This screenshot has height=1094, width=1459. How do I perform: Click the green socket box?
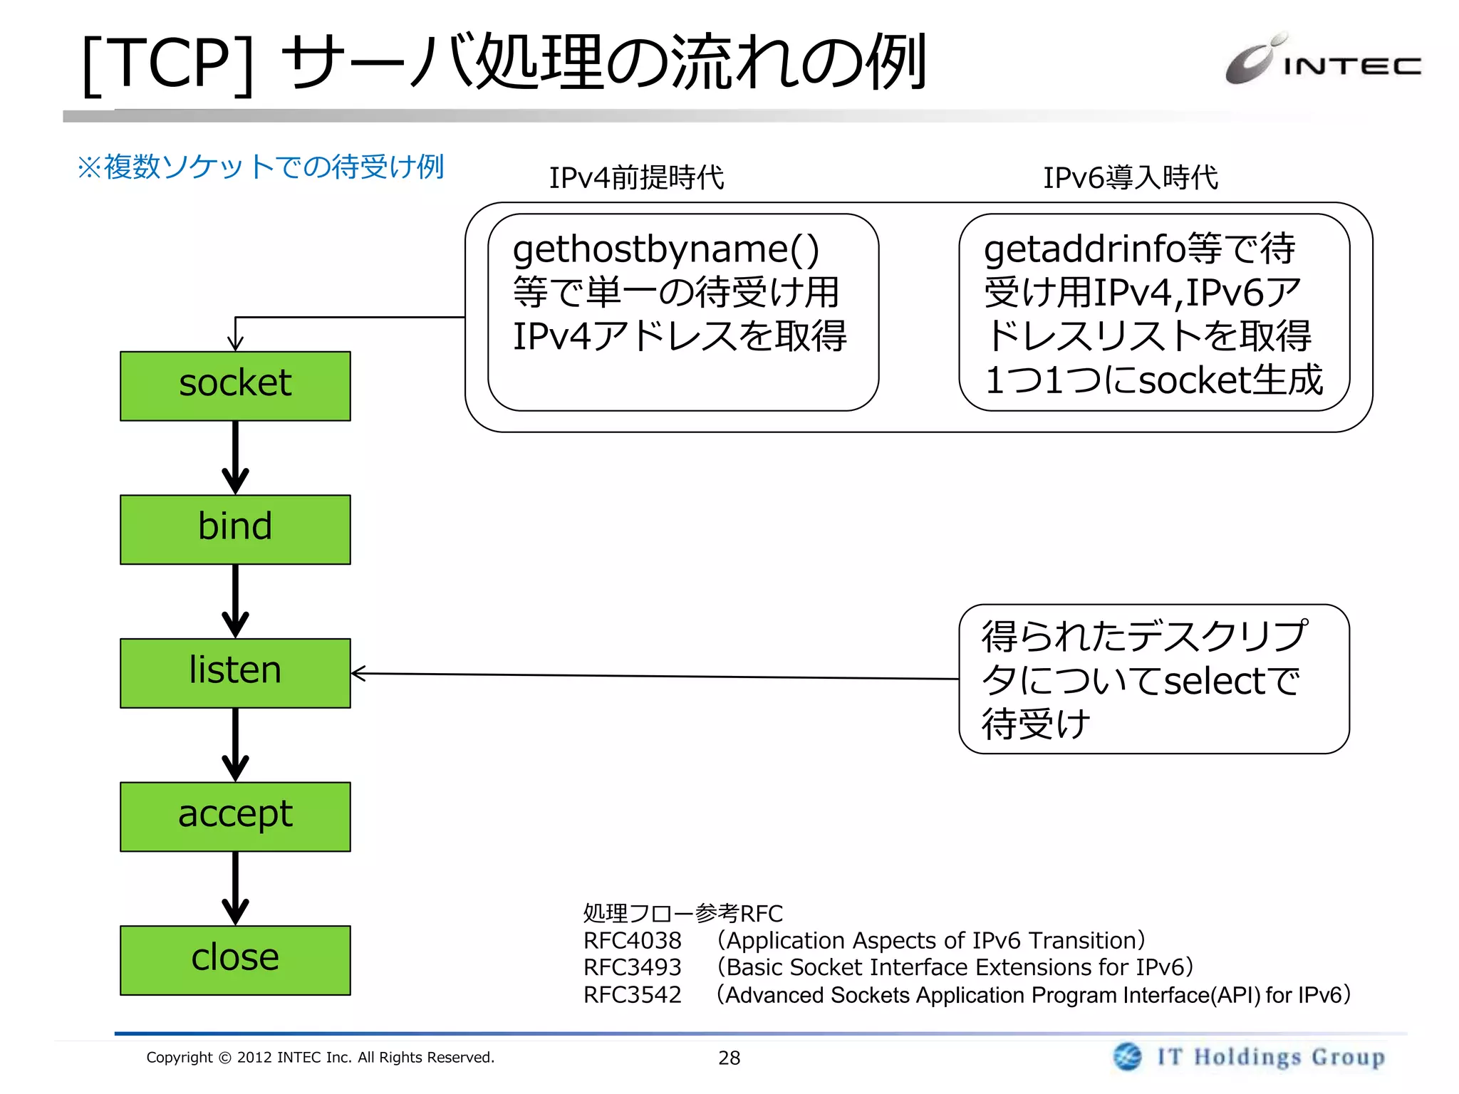point(235,386)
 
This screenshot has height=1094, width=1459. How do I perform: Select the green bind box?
point(235,529)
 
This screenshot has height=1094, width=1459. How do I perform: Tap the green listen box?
point(235,673)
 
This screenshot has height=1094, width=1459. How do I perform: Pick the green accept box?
point(235,816)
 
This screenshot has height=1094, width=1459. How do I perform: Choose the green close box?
point(235,960)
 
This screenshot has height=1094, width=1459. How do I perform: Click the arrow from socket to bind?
point(235,457)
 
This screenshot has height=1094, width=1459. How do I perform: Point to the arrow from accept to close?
point(235,888)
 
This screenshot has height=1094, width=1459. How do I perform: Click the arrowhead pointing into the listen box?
point(358,673)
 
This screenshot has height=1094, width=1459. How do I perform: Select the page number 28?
point(729,1058)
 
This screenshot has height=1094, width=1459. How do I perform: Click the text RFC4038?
point(632,941)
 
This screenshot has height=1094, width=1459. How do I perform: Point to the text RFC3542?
point(632,995)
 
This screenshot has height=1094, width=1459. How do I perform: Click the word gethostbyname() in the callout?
point(665,249)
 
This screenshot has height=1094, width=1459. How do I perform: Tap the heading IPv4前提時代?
point(636,177)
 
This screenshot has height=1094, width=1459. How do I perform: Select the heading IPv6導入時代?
point(1131,177)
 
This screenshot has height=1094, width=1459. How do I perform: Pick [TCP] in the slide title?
point(167,64)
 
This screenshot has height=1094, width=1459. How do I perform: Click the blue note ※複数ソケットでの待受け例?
point(261,167)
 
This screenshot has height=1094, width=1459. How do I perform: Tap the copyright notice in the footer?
point(320,1058)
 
